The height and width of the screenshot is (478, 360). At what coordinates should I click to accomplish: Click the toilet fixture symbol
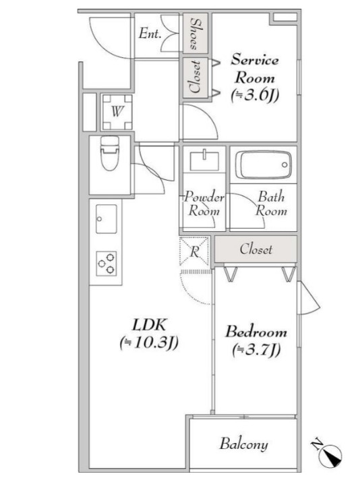tap(110, 153)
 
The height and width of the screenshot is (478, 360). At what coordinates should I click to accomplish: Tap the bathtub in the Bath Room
tap(264, 165)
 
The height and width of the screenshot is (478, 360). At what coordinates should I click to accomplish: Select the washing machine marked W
tap(117, 112)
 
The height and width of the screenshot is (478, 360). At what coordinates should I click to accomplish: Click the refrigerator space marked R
tap(195, 251)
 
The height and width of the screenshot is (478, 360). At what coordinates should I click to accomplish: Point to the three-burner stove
tap(107, 264)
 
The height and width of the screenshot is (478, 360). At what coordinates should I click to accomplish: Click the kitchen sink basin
tap(107, 219)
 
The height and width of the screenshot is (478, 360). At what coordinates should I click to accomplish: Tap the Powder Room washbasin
tap(204, 161)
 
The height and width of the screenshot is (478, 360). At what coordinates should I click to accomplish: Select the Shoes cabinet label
tap(195, 34)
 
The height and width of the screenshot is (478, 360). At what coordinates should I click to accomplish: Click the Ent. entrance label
tap(150, 34)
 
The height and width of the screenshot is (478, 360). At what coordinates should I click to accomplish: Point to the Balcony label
tap(243, 444)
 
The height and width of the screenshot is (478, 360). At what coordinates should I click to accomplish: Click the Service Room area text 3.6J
tap(255, 96)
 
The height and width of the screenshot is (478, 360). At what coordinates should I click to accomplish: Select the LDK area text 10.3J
tap(149, 342)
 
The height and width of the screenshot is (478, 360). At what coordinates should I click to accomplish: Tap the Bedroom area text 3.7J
tap(256, 350)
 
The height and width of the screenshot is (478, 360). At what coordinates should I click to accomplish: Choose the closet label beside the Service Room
tap(195, 77)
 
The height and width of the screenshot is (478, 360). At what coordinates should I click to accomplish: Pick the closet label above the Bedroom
tap(256, 249)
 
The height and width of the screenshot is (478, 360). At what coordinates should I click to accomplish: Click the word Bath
tap(271, 197)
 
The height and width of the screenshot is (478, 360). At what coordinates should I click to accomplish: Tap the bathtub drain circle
tap(284, 165)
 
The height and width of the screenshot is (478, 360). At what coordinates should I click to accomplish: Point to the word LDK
tap(149, 325)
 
